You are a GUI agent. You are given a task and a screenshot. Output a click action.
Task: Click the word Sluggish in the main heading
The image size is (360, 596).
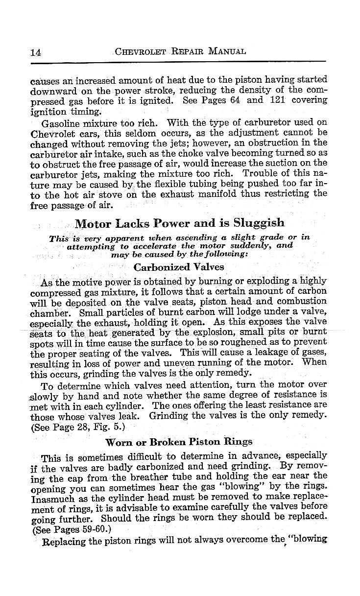[260, 223]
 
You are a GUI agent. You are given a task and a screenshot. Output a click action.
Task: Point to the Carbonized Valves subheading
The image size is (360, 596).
[179, 267]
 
